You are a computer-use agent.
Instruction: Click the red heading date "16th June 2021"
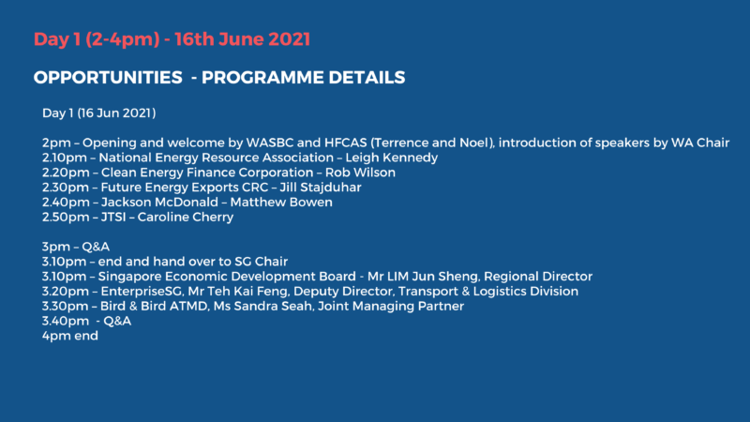click(x=242, y=39)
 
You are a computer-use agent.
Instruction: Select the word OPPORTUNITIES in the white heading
click(x=108, y=78)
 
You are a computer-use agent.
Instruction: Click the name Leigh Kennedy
click(x=392, y=158)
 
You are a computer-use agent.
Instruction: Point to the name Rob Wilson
click(x=360, y=173)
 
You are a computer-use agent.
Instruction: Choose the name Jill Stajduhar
click(x=321, y=188)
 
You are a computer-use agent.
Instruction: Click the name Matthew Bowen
click(x=281, y=203)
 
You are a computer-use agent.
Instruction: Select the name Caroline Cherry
click(x=186, y=218)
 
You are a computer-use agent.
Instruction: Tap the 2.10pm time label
click(x=65, y=158)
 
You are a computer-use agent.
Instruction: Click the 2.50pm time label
click(x=66, y=218)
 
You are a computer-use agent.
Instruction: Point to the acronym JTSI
click(x=113, y=218)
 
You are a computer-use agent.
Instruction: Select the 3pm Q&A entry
click(x=76, y=247)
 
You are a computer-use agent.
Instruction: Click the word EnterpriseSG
click(x=142, y=292)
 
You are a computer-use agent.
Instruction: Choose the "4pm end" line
click(x=69, y=336)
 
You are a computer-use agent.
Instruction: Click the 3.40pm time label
click(x=66, y=321)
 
